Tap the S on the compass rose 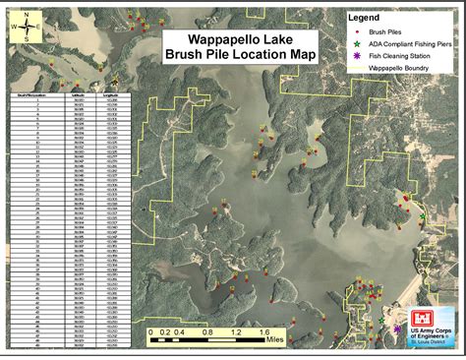click(29, 43)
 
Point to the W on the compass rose click(13, 29)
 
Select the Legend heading click(365, 19)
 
